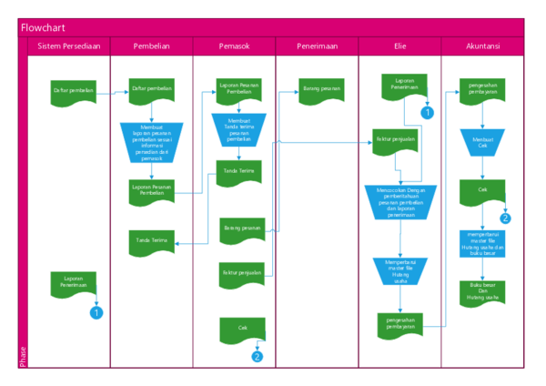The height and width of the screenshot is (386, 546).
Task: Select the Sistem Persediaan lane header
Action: (69, 46)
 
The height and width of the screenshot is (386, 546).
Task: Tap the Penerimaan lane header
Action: (317, 46)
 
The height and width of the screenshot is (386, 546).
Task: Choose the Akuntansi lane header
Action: (482, 46)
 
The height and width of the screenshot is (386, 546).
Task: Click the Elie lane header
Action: (400, 46)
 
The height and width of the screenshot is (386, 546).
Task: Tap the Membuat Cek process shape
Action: (482, 142)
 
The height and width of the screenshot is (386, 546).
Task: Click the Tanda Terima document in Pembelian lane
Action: (151, 241)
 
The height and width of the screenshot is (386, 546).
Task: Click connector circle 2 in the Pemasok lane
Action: (258, 356)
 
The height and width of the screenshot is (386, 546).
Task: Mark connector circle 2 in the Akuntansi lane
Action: (506, 218)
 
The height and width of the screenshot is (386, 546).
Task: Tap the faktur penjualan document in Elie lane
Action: (391, 142)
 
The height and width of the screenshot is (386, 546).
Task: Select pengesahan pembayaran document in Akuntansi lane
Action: (482, 92)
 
